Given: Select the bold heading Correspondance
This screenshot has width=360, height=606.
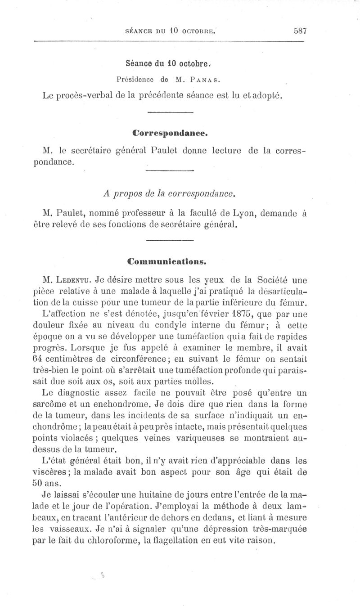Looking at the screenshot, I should (170, 134).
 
